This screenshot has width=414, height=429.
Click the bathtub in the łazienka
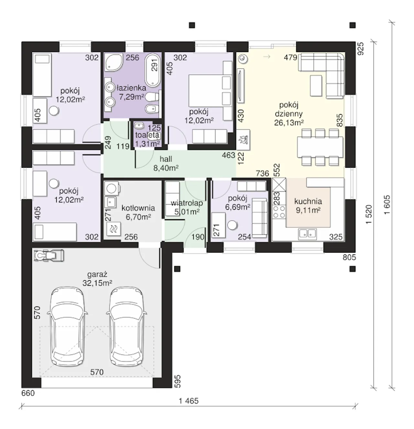click(152, 70)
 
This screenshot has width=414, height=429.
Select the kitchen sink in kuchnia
click(307, 234)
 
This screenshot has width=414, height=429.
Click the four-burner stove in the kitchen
click(279, 212)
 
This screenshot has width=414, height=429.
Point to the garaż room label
click(97, 278)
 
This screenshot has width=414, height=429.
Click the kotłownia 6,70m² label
click(138, 213)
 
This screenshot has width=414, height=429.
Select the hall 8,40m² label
click(166, 163)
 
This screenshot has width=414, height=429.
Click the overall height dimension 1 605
click(387, 204)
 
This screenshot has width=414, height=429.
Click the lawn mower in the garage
click(49, 256)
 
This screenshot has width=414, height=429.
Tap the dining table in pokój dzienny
click(320, 147)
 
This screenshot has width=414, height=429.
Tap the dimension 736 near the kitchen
click(262, 173)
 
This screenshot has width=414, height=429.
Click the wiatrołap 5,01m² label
click(187, 207)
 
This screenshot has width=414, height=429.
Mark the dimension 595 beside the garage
click(178, 381)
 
